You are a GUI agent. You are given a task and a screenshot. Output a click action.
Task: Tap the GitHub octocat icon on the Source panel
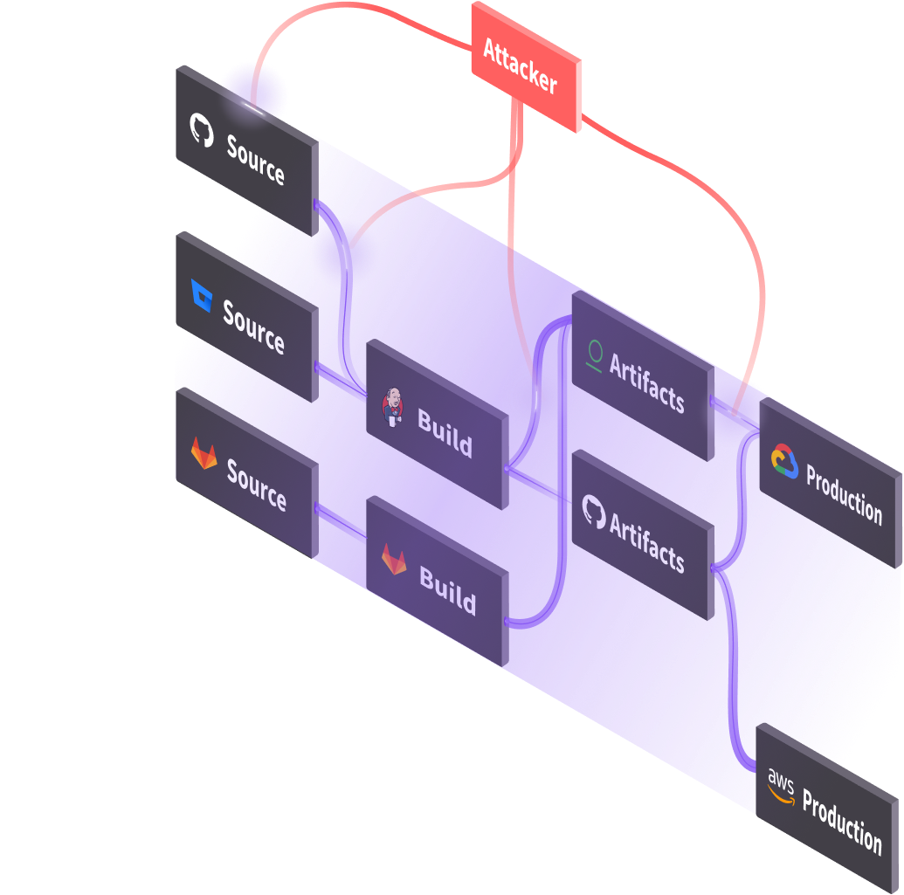pyautogui.click(x=202, y=129)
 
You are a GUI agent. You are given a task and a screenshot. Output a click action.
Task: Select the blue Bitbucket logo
pyautogui.click(x=201, y=296)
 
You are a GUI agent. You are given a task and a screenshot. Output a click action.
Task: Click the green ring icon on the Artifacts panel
pyautogui.click(x=596, y=355)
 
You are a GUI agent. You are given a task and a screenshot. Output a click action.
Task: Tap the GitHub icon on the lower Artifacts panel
pyautogui.click(x=594, y=510)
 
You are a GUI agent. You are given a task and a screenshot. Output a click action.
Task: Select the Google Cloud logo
pyautogui.click(x=784, y=461)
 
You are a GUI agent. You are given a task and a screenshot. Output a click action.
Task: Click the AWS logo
pyautogui.click(x=780, y=785)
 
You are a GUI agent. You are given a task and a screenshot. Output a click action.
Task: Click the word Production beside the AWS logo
pyautogui.click(x=842, y=822)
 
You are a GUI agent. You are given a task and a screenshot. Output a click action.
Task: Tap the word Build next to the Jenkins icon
pyautogui.click(x=445, y=432)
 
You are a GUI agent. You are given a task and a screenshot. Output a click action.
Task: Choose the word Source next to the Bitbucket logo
pyautogui.click(x=253, y=327)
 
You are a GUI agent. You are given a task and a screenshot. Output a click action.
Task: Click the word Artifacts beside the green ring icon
pyautogui.click(x=646, y=383)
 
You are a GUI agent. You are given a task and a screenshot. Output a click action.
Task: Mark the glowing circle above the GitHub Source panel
pyautogui.click(x=253, y=91)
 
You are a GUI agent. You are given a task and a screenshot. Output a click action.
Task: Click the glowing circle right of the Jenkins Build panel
pyautogui.click(x=535, y=397)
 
